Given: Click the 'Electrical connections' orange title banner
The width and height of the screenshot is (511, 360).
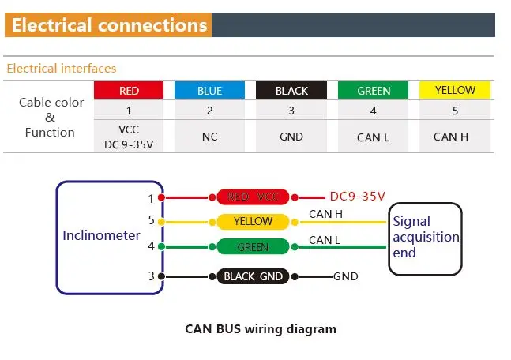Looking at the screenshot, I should pyautogui.click(x=109, y=25).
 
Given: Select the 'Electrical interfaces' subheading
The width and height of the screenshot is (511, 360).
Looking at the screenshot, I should pyautogui.click(x=62, y=69).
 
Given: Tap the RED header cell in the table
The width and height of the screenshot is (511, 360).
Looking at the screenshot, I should pyautogui.click(x=129, y=90).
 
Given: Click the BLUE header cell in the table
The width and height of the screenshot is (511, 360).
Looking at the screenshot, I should pyautogui.click(x=209, y=90).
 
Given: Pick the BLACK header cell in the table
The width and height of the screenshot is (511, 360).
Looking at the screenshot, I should pyautogui.click(x=291, y=90).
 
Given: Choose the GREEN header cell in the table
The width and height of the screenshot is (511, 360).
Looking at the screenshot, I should pyautogui.click(x=374, y=90).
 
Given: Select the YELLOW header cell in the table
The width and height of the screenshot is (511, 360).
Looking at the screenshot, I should pyautogui.click(x=455, y=90).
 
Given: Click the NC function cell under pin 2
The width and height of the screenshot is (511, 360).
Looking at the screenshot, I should pyautogui.click(x=209, y=137).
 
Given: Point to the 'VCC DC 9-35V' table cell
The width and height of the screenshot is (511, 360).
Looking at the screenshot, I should pyautogui.click(x=129, y=136).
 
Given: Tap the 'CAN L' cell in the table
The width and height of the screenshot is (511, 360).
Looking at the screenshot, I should pyautogui.click(x=374, y=137).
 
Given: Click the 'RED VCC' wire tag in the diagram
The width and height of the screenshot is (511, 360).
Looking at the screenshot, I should pyautogui.click(x=253, y=197).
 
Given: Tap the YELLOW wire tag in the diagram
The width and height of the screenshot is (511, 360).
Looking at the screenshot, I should pyautogui.click(x=253, y=222).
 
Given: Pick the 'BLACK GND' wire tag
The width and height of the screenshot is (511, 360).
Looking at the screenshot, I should pyautogui.click(x=253, y=276).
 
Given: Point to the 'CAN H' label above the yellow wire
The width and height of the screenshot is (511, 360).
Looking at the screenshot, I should pyautogui.click(x=325, y=213).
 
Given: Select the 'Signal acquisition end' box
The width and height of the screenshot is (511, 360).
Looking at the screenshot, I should pyautogui.click(x=425, y=237).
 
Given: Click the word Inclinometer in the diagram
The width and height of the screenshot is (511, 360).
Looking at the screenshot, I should pyautogui.click(x=101, y=235).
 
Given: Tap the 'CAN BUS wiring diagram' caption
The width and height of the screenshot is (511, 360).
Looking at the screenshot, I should pyautogui.click(x=260, y=329).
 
